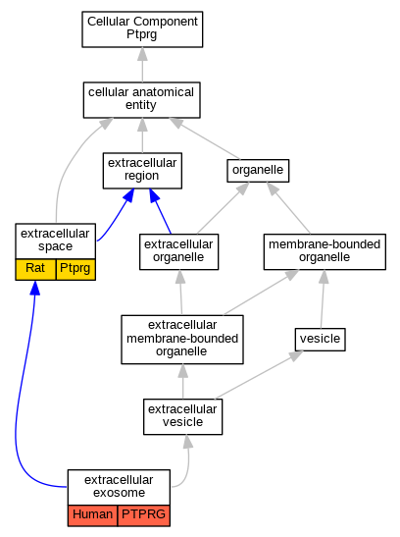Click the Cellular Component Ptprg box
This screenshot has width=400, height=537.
point(142,29)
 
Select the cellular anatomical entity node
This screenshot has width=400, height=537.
point(142,100)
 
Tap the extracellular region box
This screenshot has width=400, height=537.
point(142,171)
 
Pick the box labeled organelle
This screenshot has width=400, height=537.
point(258,171)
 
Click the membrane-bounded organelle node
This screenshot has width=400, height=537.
point(325,251)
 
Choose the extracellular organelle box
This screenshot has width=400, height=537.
point(178,251)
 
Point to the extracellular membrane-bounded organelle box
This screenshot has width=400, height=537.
point(182,340)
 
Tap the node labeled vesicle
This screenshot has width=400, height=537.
point(320,340)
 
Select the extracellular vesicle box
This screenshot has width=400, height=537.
point(183,417)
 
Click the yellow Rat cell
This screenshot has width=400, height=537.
point(35,270)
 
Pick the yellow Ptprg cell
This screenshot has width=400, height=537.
point(75,270)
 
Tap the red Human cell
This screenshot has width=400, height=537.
point(93,515)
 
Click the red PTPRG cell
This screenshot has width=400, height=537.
point(144,515)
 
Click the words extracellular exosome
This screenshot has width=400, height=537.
point(119,486)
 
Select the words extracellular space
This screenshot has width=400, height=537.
point(55,240)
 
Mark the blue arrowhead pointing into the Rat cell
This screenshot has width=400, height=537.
point(35,288)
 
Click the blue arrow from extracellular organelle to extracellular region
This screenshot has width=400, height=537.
point(160,211)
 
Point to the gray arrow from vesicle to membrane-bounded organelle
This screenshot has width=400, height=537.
point(323,298)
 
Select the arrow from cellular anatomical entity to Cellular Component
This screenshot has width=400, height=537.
point(142,65)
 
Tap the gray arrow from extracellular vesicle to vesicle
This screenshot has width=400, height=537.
point(259,375)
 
